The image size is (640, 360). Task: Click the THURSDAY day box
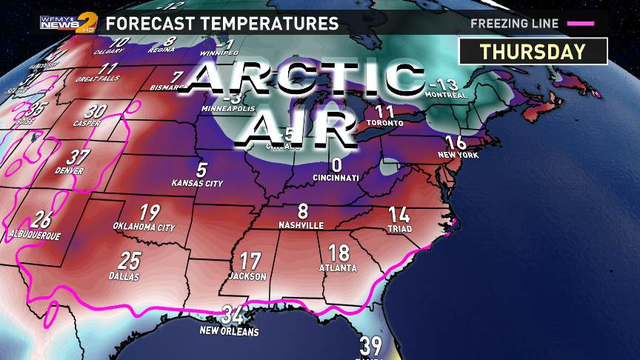click(533, 51)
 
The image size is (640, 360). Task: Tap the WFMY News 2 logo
click(67, 22)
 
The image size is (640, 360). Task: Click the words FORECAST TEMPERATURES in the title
click(222, 23)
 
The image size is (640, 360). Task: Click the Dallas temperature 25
click(129, 260)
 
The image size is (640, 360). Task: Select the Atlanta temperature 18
click(339, 253)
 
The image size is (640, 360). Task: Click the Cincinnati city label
click(336, 178)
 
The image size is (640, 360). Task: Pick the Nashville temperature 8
click(302, 211)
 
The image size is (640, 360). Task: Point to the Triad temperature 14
click(399, 215)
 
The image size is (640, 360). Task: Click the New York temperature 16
click(456, 143)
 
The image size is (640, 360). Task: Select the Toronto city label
click(385, 123)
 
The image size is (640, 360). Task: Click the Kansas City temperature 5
click(201, 169)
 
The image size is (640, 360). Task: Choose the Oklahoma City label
click(144, 227)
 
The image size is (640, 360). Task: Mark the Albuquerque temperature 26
click(42, 220)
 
